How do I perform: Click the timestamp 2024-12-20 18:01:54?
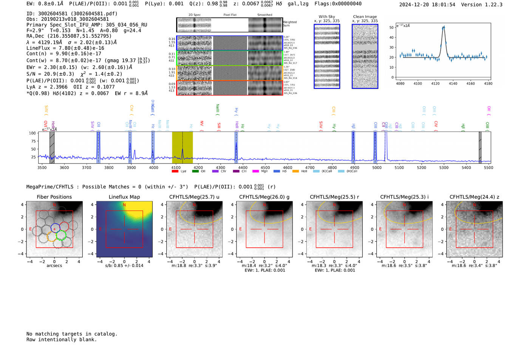point(427,5)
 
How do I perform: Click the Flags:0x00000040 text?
point(338,4)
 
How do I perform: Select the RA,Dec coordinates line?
point(69,36)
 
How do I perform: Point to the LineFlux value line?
point(65,48)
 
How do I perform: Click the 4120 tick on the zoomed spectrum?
point(435,83)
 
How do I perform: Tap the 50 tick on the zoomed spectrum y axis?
point(392,28)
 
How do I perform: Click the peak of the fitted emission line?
point(444,27)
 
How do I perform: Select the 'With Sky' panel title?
point(327,17)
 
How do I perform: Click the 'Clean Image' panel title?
point(365,17)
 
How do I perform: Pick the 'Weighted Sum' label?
point(290,24)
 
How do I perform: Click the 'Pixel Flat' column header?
point(230,15)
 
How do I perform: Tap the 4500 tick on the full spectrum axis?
point(265,167)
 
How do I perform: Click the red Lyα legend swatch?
point(175,171)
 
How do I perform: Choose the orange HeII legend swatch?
point(295,171)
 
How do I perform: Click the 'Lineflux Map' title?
point(124,197)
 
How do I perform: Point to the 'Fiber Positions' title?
point(54,197)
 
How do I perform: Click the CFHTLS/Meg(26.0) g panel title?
point(264,197)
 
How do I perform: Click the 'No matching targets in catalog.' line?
point(72,334)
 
